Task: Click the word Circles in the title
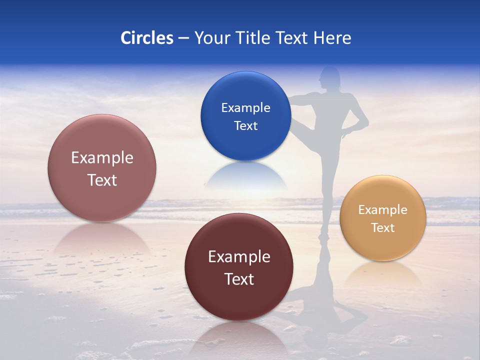(147, 38)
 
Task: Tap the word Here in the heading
(332, 38)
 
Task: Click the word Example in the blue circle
(245, 108)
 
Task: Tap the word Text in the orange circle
(383, 228)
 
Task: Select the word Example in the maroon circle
(239, 257)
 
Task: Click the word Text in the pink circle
(102, 180)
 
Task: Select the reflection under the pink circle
(102, 240)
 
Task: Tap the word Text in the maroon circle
(239, 279)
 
